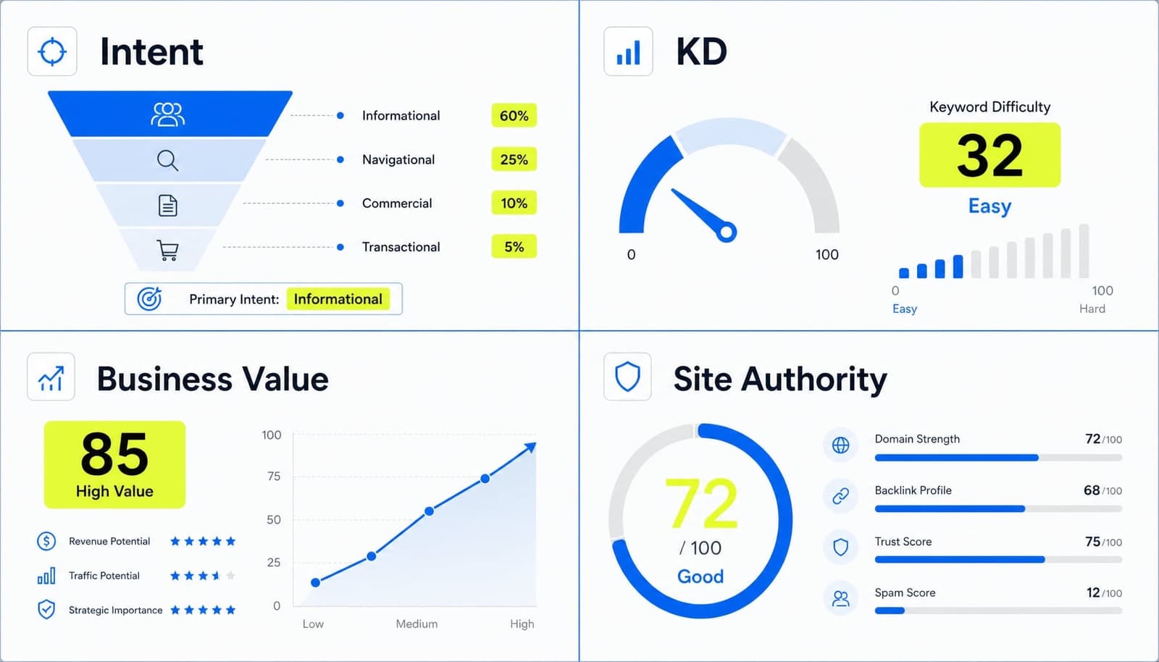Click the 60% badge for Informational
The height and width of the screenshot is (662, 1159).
click(514, 115)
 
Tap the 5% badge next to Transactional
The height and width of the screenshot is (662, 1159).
click(514, 247)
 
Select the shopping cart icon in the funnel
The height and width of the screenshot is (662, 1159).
click(167, 250)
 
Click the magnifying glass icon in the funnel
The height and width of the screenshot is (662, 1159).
click(167, 160)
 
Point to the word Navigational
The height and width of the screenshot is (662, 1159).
click(398, 160)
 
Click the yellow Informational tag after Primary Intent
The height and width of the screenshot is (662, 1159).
click(338, 299)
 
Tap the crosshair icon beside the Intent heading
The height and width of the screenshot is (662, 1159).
click(52, 51)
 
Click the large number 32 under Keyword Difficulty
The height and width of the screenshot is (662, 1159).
click(989, 155)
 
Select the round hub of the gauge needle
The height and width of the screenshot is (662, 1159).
click(727, 232)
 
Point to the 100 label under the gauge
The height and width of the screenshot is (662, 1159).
click(827, 254)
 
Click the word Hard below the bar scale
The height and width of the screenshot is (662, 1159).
click(1092, 309)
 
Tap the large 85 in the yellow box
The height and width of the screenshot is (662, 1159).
click(114, 454)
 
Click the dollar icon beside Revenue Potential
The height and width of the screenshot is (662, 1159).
click(46, 541)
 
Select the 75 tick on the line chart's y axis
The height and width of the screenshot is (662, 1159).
click(274, 476)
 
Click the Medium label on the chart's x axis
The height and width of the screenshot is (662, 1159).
click(417, 624)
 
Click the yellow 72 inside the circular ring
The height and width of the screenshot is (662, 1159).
click(700, 503)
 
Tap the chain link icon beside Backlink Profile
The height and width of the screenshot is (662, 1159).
click(841, 495)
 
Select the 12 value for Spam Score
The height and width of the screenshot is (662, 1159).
click(1093, 592)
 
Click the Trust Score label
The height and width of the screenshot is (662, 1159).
click(903, 542)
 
